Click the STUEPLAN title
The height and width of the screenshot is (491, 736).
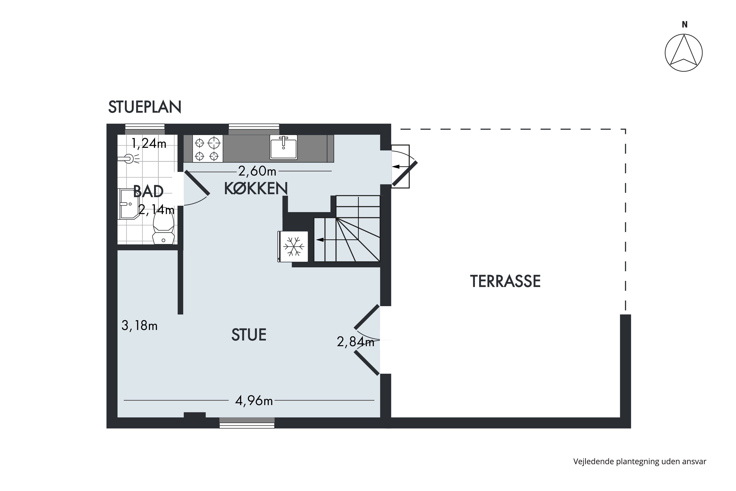click(x=145, y=107)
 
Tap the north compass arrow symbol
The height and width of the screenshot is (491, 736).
click(x=684, y=53)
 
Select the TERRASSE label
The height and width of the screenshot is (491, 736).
click(x=505, y=281)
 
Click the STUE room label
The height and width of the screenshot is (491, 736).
click(x=249, y=335)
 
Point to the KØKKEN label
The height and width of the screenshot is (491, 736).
click(x=256, y=188)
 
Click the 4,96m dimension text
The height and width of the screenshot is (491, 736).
click(x=254, y=400)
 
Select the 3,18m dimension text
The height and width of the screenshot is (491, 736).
click(x=139, y=326)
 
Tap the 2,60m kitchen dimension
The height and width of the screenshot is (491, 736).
click(x=257, y=171)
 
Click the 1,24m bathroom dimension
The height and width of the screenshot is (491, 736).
click(x=149, y=143)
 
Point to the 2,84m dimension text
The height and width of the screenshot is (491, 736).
click(x=355, y=342)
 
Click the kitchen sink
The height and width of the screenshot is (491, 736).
click(x=284, y=147)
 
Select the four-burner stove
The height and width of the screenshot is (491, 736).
click(x=208, y=149)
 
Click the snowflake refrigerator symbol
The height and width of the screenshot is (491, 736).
click(x=293, y=246)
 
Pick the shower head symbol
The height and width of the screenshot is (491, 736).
click(x=129, y=159)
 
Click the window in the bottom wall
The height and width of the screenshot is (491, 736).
click(x=247, y=423)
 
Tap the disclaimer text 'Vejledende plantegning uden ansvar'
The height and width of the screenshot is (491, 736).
click(x=640, y=461)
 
